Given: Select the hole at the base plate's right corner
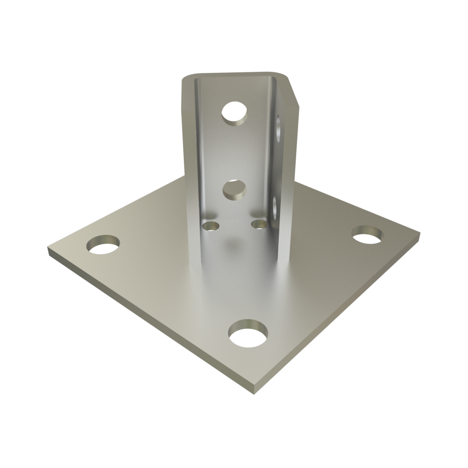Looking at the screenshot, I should click(x=367, y=234).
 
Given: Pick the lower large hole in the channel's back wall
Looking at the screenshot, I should click(x=234, y=190).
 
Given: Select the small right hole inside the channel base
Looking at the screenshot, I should click(x=259, y=224).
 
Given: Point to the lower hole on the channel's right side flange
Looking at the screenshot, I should click(x=276, y=205).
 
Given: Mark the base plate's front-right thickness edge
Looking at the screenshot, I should click(x=340, y=315).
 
